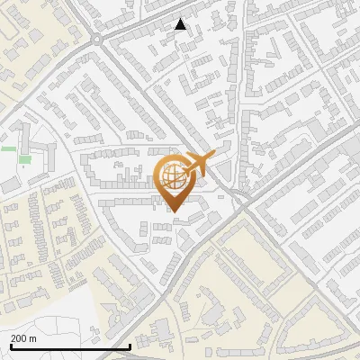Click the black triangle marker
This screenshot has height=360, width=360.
coord(181,24)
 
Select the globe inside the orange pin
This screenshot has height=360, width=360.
coord(175,176)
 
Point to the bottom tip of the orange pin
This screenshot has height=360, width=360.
coord(175,211)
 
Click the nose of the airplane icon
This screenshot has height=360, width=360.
coord(213,157)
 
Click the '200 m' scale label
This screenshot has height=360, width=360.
coord(23,338)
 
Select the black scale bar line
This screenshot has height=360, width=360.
coord(70,346)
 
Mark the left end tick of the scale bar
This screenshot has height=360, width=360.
coord(11,346)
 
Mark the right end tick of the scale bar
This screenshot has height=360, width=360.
coord(130,346)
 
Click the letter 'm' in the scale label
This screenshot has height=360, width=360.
coord(32,338)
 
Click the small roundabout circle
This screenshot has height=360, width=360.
coord(96,39)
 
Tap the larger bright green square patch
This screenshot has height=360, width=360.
coord(24,160)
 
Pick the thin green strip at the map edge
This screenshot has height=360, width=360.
coord(8,148)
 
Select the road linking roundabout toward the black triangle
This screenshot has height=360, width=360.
coord(135,31)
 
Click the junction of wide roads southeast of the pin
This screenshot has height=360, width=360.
coord(241,205)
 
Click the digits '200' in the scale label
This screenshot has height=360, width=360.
coord(19,338)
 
